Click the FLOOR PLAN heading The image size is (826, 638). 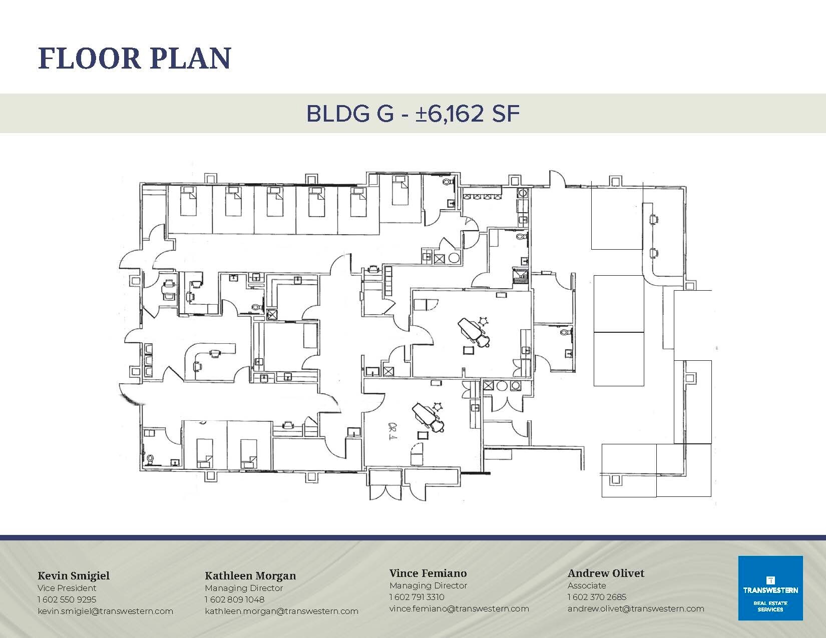tap(134, 58)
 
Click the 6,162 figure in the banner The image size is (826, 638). tap(454, 114)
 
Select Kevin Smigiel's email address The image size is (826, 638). tap(105, 611)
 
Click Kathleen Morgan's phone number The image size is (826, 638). tap(234, 599)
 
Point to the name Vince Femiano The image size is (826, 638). tap(428, 573)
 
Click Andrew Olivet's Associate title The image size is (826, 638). tap(587, 585)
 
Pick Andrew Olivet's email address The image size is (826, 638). tap(636, 608)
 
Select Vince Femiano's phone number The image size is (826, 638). tap(417, 596)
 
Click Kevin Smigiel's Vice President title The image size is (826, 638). tap(67, 587)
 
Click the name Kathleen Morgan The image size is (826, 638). tap(250, 575)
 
